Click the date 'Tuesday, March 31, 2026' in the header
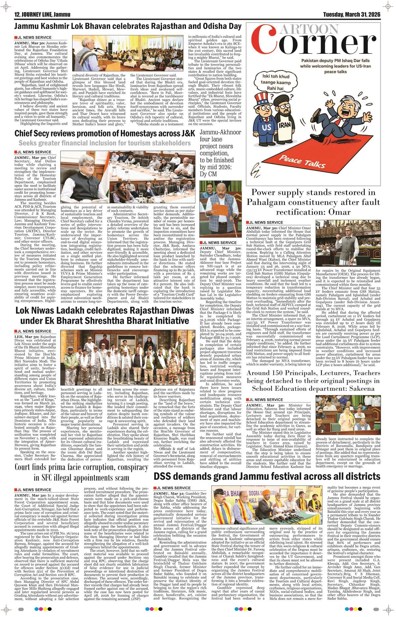[x=351, y=15]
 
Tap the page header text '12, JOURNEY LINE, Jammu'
[x=40, y=15]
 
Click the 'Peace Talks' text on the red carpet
[x=304, y=162]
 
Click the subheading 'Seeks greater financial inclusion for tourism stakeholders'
[x=105, y=143]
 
